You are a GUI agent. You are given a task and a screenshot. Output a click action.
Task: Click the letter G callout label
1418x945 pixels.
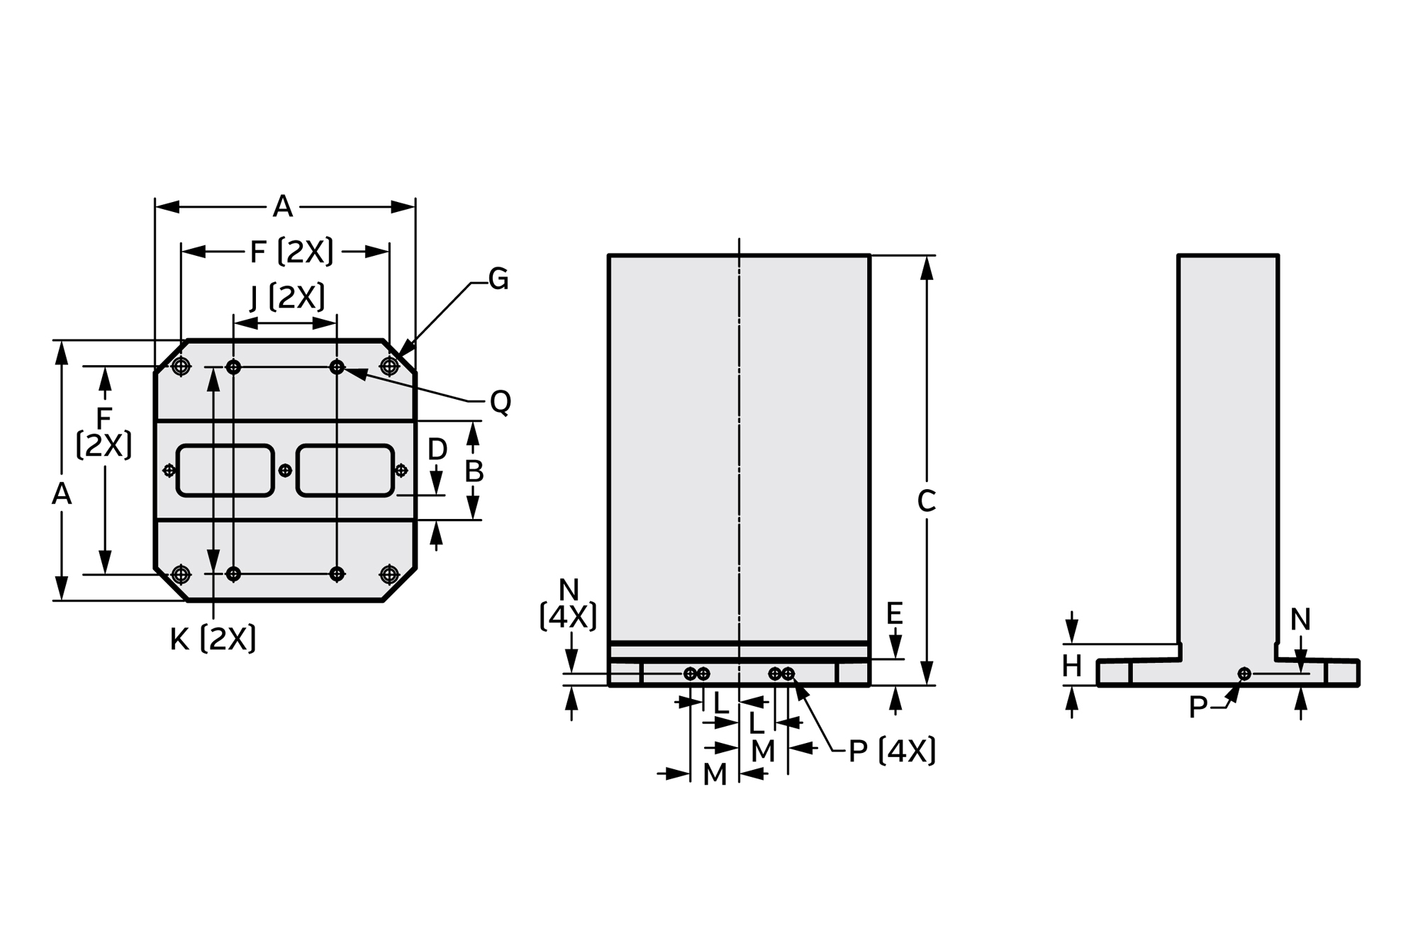pos(498,279)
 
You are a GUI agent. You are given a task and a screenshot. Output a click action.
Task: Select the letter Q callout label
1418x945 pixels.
pos(501,403)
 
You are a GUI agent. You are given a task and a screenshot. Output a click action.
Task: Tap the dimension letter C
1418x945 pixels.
pos(926,501)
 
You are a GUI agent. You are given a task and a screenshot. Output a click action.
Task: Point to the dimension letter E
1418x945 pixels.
pos(895,613)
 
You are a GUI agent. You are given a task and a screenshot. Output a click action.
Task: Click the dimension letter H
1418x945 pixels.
pos(1071,666)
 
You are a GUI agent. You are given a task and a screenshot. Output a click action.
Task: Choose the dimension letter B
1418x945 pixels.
pos(474,471)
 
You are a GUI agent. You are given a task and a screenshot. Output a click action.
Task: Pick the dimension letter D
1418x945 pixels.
pos(437,449)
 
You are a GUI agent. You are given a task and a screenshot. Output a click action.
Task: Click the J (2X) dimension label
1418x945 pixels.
pos(288,297)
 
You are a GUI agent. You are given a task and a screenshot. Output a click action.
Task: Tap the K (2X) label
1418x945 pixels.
pos(213,639)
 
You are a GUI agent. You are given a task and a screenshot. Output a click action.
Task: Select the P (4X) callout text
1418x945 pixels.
pos(892,751)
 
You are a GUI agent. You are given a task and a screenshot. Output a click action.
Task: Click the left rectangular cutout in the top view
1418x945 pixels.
pos(225,471)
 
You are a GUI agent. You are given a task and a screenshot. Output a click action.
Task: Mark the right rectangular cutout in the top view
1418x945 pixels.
pos(345,471)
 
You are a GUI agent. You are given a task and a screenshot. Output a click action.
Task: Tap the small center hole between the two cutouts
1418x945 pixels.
pos(285,470)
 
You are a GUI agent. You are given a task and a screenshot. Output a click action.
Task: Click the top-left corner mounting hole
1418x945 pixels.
pos(181,367)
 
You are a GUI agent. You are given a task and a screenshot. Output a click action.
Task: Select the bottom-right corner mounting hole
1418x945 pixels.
pos(389,574)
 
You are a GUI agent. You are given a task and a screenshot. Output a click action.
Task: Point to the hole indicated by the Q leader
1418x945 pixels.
pos(337,367)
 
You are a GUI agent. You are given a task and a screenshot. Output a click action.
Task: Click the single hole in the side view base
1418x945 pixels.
pos(1244,673)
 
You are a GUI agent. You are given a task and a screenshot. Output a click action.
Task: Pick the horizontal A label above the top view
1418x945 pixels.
pos(283,207)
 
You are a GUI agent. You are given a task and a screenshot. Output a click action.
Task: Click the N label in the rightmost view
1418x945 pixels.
pos(1300,620)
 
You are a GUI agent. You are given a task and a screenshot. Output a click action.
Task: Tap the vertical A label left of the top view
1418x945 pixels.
pos(62,494)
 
